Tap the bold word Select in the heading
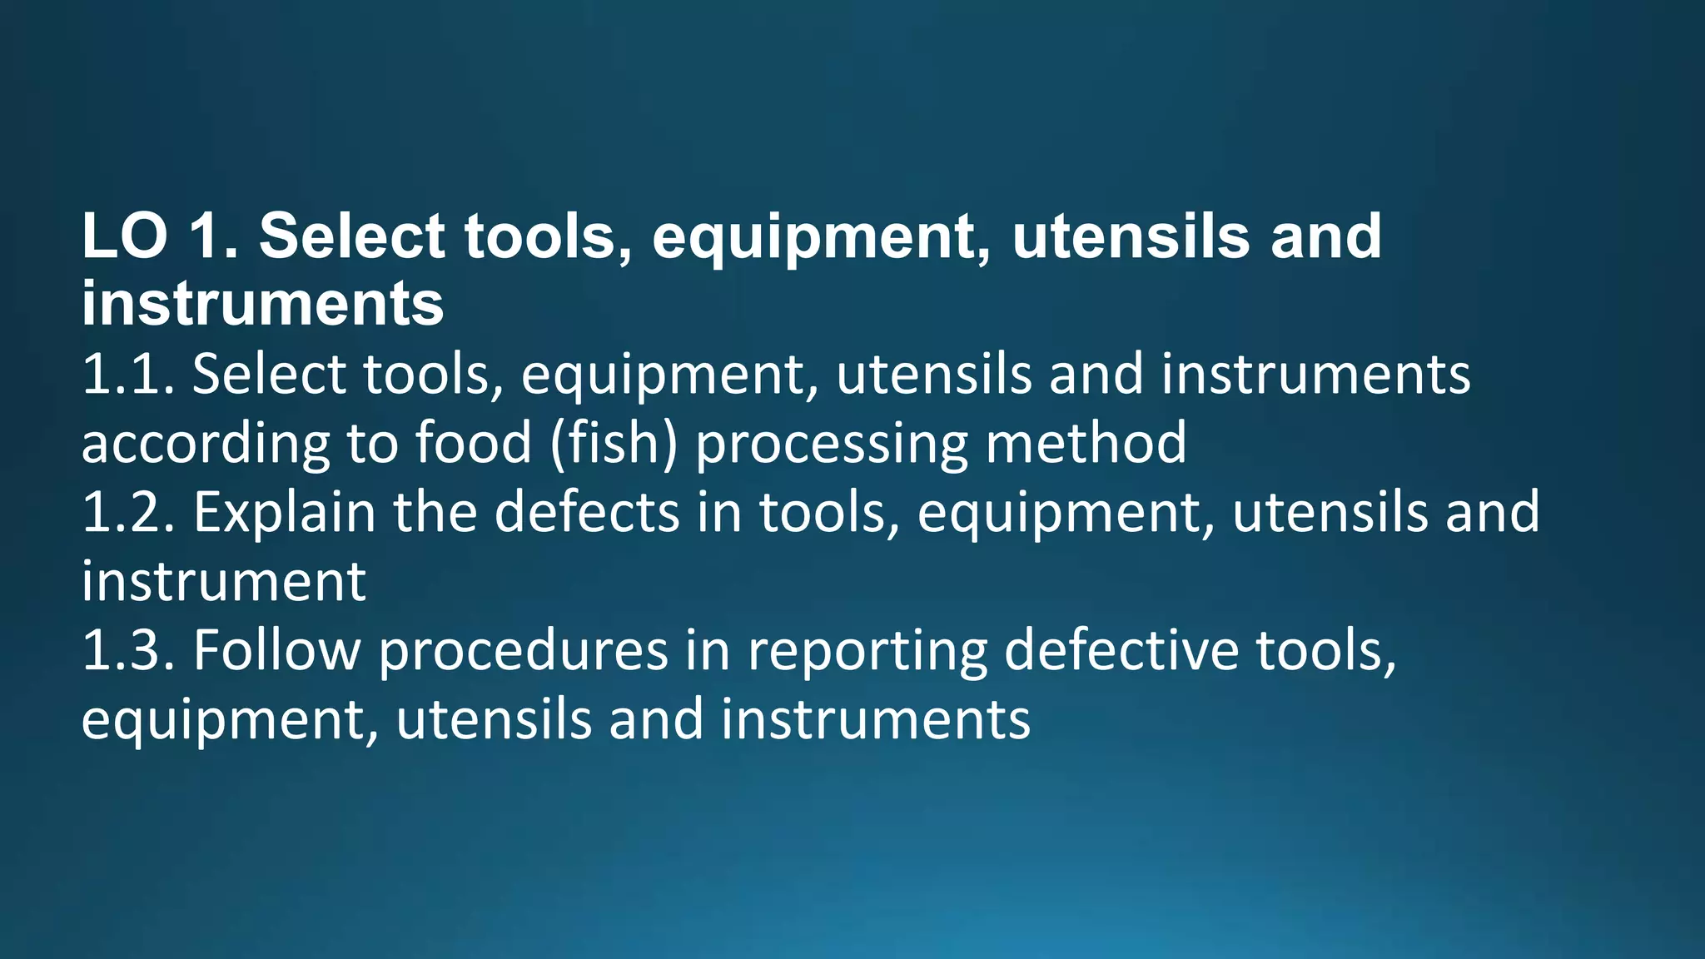pyautogui.click(x=352, y=236)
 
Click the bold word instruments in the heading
pyautogui.click(x=262, y=305)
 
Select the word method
pyautogui.click(x=1086, y=442)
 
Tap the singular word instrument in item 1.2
pyautogui.click(x=223, y=581)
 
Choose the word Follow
pyautogui.click(x=277, y=650)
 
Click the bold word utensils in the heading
pyautogui.click(x=1131, y=236)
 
